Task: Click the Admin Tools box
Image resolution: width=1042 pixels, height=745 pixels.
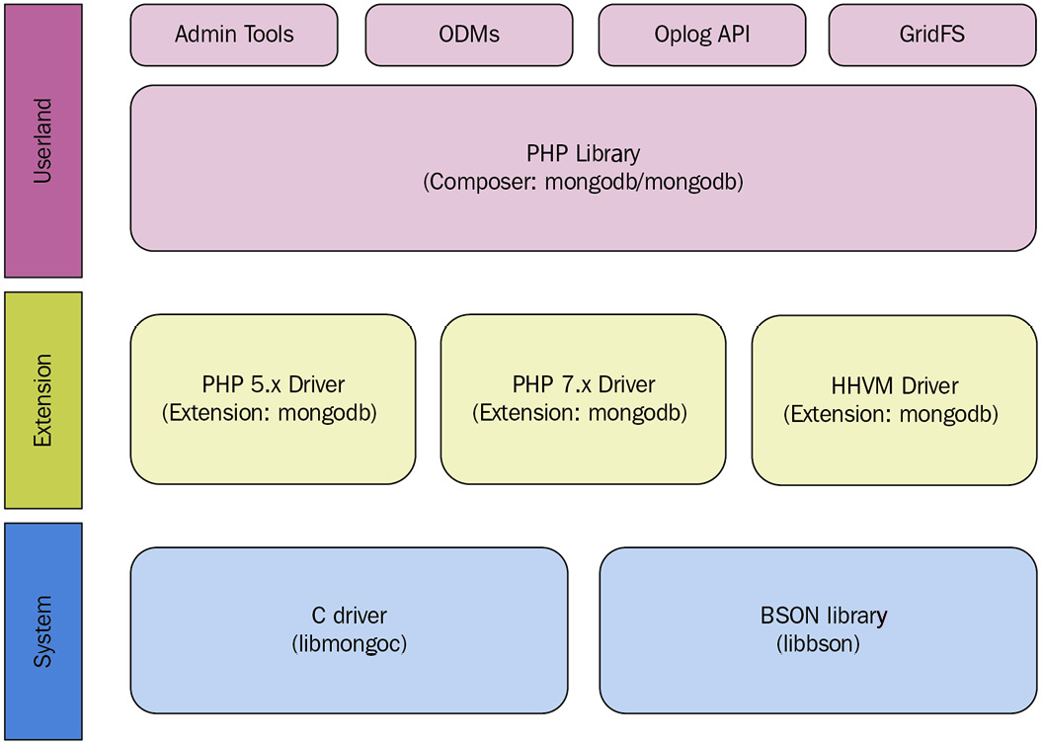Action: click(x=234, y=36)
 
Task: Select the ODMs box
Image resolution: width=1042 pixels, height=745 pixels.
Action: click(x=468, y=36)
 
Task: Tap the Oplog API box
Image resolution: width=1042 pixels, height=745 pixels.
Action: click(x=702, y=36)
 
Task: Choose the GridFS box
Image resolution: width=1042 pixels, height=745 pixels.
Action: click(x=931, y=36)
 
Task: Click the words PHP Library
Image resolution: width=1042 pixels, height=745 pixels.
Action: click(x=583, y=154)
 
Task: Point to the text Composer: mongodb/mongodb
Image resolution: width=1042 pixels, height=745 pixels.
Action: click(x=583, y=183)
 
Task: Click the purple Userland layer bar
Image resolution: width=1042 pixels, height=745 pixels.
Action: click(x=42, y=140)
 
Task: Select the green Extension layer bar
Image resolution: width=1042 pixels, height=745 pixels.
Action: click(x=42, y=400)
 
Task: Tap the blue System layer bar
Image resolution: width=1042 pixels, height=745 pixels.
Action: click(x=42, y=630)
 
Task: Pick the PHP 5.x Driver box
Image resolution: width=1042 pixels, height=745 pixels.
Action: click(x=273, y=399)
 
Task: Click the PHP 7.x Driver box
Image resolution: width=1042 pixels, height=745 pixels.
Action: click(x=583, y=399)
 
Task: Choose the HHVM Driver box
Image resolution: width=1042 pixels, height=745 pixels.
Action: click(x=894, y=399)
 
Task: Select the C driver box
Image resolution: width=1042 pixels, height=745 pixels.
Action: click(x=349, y=629)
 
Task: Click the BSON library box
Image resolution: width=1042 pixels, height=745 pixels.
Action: click(x=817, y=629)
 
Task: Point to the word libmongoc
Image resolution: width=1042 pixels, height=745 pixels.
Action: click(x=350, y=644)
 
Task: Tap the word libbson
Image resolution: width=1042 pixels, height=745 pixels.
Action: click(x=818, y=644)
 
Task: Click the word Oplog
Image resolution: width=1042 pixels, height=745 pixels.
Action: click(x=681, y=36)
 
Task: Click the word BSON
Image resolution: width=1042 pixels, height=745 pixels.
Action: click(x=784, y=617)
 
